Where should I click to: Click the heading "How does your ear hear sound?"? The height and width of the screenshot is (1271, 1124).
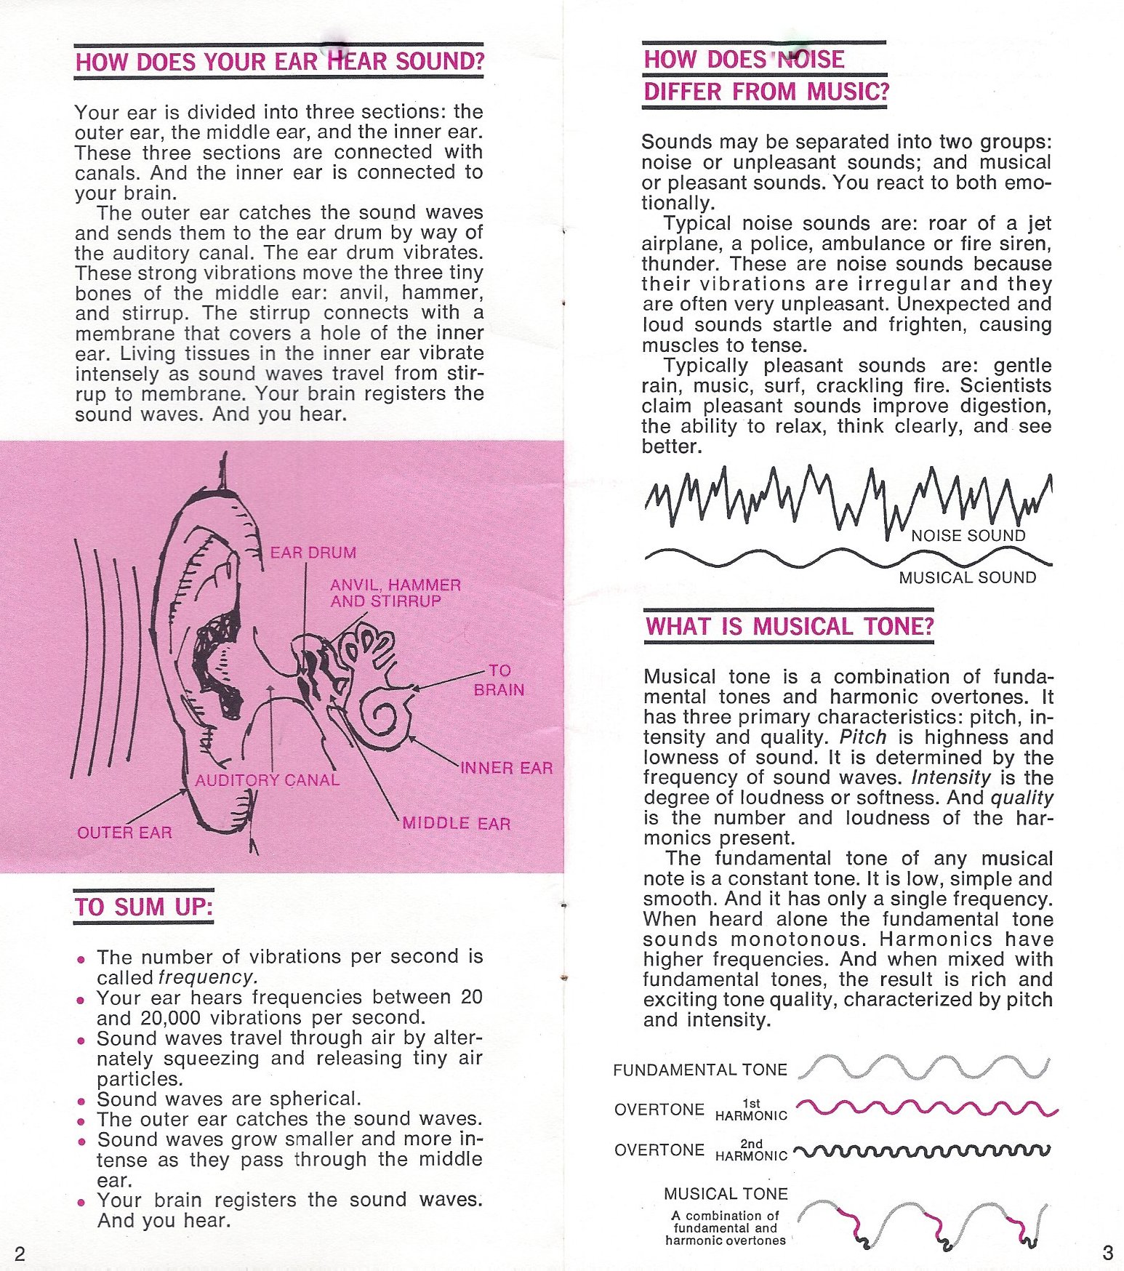coord(279,62)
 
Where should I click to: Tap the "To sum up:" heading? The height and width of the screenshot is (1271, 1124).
coord(143,907)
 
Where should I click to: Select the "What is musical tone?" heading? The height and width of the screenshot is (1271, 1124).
coord(789,626)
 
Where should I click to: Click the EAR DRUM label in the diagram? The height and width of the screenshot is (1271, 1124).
coord(313,553)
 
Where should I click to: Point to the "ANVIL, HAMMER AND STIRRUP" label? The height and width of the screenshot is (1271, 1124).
coord(395,593)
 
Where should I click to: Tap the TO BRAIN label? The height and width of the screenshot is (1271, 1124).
coord(499,680)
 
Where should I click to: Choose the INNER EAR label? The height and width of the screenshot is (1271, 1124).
coord(506,768)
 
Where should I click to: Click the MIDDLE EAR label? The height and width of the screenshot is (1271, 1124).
coord(456,823)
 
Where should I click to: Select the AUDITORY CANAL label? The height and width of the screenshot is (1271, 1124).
coord(267,780)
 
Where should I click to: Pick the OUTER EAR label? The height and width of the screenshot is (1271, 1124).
coord(124,833)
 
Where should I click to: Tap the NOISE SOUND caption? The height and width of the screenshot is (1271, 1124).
coord(968,536)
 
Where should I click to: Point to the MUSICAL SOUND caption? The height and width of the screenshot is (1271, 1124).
coord(967,577)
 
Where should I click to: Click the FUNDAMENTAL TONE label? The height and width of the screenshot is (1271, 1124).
coord(699,1070)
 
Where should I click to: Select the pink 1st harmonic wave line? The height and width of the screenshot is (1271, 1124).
coord(927,1108)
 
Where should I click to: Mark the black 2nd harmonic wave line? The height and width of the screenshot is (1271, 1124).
coord(922,1150)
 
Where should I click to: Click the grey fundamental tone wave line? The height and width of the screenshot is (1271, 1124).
coord(923,1066)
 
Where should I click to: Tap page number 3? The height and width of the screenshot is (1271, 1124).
coord(1107,1253)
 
